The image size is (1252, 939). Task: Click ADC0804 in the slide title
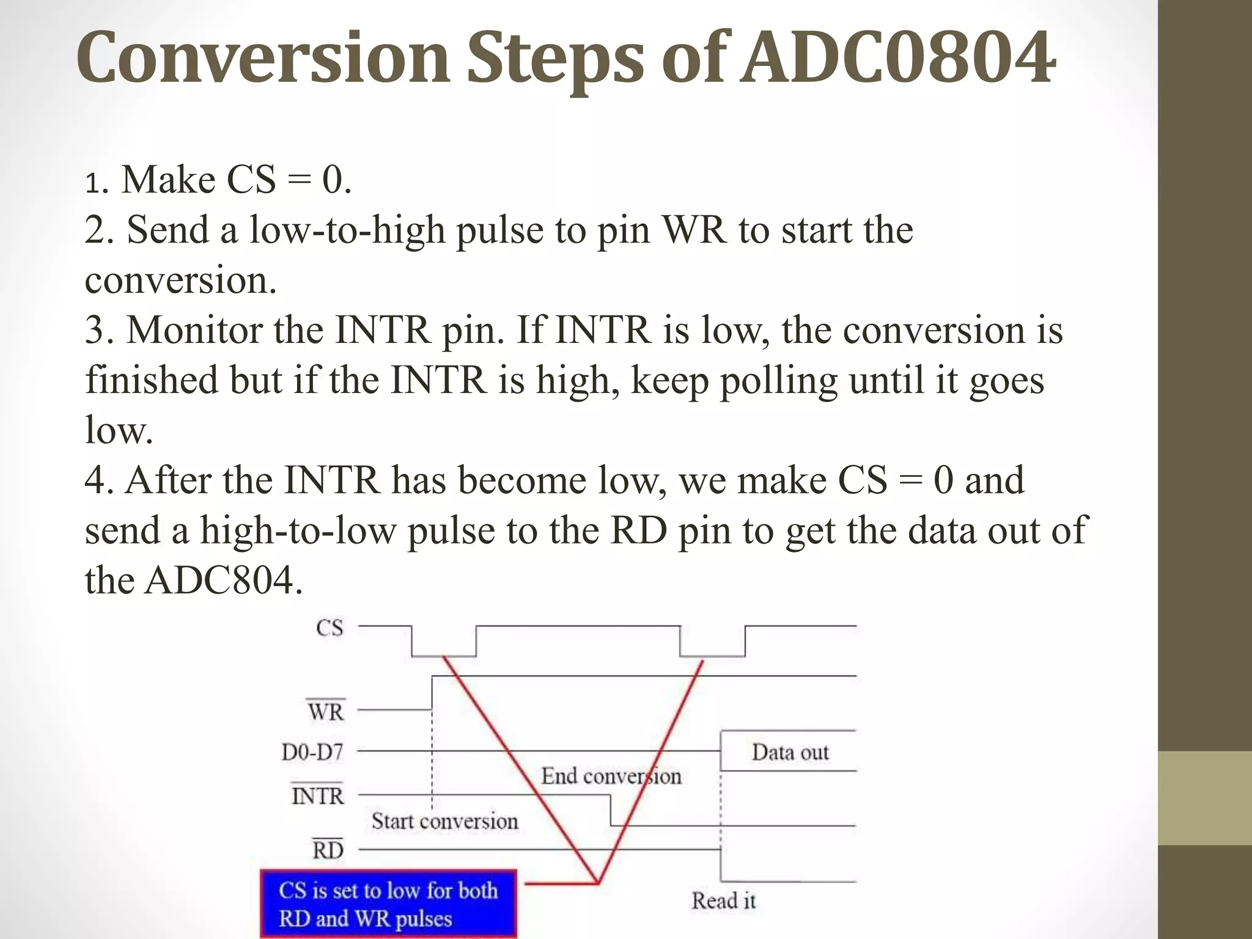[x=897, y=58]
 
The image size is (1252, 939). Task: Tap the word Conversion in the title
[x=263, y=58]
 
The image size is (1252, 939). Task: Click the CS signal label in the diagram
[x=330, y=628]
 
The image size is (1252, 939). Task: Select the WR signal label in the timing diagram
[x=326, y=712]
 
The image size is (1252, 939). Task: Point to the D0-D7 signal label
[x=312, y=752]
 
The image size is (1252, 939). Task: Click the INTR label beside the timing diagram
[x=317, y=796]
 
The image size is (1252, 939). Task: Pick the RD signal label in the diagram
[x=328, y=850]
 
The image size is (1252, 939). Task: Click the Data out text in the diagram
[x=790, y=752]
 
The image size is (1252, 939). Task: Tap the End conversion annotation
[x=611, y=776]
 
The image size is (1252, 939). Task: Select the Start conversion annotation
[x=444, y=821]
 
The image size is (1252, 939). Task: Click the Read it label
[x=723, y=900]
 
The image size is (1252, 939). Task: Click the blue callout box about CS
[x=388, y=904]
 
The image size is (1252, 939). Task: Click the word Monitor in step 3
[x=194, y=331]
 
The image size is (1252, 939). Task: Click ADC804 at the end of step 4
[x=220, y=580]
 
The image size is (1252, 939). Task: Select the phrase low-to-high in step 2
[x=347, y=231]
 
